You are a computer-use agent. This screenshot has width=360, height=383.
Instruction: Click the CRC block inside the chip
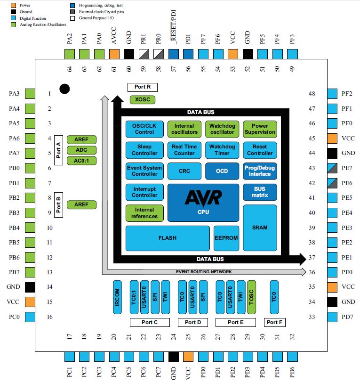click(184, 171)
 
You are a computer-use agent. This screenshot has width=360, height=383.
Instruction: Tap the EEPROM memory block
click(226, 238)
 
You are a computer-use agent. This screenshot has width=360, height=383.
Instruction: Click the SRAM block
click(259, 228)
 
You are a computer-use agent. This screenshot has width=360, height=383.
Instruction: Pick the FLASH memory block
click(168, 238)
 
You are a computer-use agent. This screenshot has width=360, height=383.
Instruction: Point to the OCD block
click(222, 171)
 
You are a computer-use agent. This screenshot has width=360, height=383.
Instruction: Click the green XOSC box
click(142, 100)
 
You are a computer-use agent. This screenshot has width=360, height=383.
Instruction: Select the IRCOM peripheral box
click(117, 297)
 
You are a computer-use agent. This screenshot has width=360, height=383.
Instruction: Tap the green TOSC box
click(251, 297)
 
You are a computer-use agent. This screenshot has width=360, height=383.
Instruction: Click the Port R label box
click(142, 87)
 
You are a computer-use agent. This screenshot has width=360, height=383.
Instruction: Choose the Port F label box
click(275, 322)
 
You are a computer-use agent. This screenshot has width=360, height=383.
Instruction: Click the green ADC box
click(81, 150)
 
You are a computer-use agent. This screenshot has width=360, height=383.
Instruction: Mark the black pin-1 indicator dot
click(64, 89)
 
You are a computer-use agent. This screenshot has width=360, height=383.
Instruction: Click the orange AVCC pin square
click(114, 54)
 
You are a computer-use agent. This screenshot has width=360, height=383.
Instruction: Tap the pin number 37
click(312, 258)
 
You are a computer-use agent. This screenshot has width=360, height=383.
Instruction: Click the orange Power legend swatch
click(5, 5)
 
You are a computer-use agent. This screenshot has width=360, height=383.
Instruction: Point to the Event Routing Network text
click(204, 272)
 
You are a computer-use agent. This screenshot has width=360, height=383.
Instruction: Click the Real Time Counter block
click(184, 150)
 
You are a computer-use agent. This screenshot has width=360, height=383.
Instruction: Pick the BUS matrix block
click(259, 191)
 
